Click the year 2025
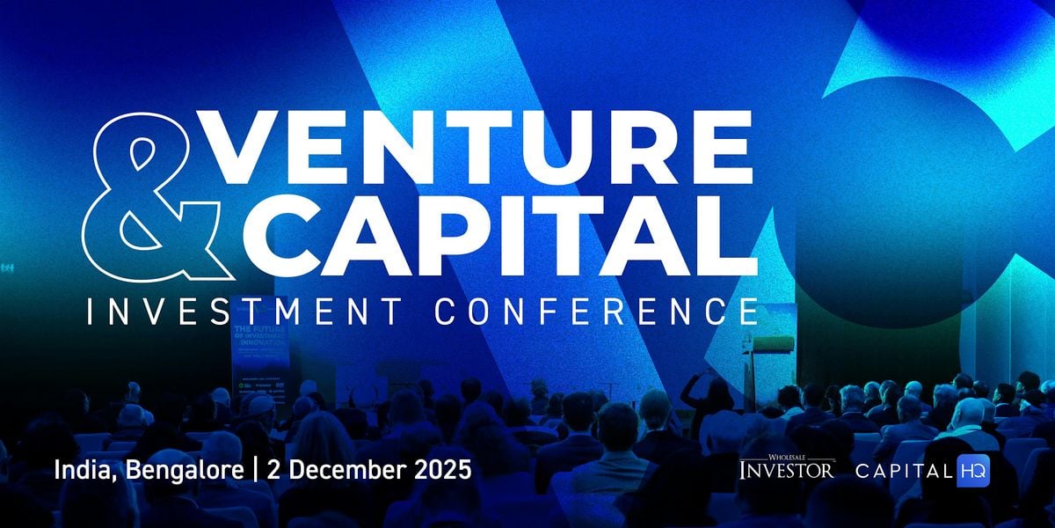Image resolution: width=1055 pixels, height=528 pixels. tap(444, 469)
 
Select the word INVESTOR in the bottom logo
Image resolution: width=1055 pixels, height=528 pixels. tap(786, 471)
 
